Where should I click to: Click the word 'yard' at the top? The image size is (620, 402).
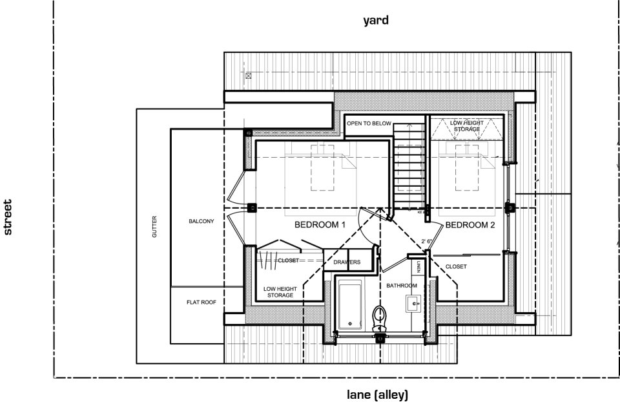(376, 21)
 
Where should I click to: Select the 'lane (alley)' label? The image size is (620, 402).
(378, 394)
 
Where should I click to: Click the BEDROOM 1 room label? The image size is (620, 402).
(320, 225)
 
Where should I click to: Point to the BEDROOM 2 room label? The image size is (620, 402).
(470, 225)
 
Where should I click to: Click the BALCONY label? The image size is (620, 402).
(201, 221)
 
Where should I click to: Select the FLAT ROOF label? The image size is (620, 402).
(201, 301)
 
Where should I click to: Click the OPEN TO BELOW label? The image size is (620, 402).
(369, 123)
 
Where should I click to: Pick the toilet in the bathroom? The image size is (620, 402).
(380, 318)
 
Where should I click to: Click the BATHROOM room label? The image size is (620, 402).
(402, 285)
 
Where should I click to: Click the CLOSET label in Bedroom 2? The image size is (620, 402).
(456, 266)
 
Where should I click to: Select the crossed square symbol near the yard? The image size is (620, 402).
(248, 76)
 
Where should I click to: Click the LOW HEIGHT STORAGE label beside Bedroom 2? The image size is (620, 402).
(465, 125)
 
